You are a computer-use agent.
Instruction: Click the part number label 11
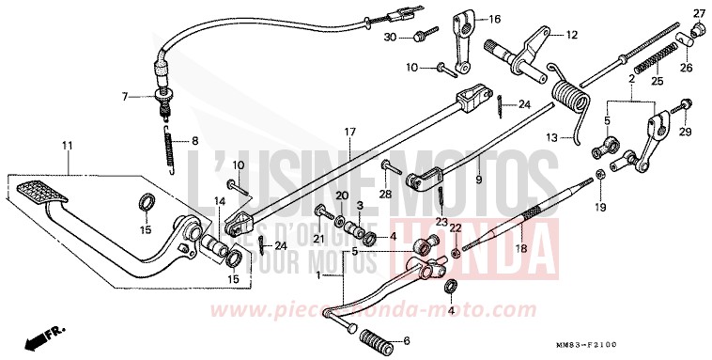67,145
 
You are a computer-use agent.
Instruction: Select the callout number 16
495,18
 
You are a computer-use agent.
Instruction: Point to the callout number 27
698,12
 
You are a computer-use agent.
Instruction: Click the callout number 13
553,137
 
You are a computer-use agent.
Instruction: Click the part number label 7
124,96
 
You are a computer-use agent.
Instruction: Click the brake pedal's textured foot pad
40,193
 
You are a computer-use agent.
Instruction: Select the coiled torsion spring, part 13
570,99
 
